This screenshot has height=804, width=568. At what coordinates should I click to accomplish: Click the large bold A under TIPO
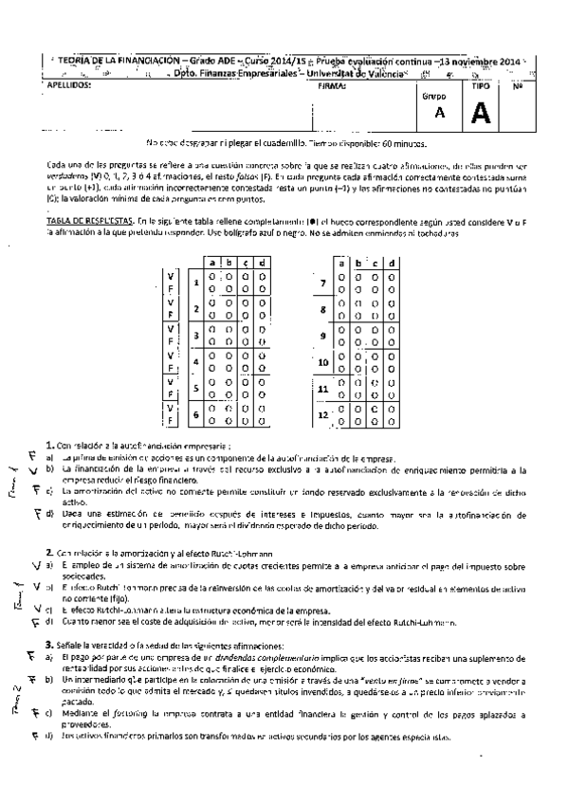click(x=481, y=114)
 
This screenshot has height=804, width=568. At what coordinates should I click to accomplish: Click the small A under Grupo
click(x=438, y=114)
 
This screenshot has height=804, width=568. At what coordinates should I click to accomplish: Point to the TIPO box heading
click(x=481, y=85)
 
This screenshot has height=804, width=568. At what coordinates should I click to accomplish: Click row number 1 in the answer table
click(x=196, y=281)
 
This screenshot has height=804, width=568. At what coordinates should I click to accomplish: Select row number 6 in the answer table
click(x=196, y=414)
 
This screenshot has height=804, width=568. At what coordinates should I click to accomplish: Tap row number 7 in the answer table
click(x=325, y=283)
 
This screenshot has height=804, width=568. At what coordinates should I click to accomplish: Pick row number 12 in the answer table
click(x=325, y=414)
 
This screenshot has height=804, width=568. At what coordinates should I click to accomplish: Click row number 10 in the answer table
click(x=325, y=361)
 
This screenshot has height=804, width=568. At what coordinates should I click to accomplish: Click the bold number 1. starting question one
click(x=50, y=445)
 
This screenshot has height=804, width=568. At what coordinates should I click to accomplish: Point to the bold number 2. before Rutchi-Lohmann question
click(x=50, y=552)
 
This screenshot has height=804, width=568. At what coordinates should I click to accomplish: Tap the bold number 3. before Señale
click(x=50, y=645)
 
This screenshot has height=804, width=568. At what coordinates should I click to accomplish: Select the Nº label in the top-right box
click(x=519, y=85)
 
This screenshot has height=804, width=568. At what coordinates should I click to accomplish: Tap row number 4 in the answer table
click(x=196, y=361)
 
